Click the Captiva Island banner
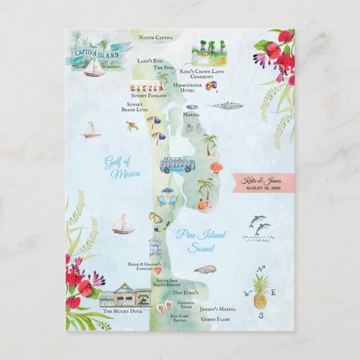click(x=96, y=54)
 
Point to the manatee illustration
click(x=205, y=269)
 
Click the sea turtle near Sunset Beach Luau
click(x=132, y=126)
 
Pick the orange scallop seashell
click(x=216, y=167)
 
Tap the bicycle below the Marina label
click(x=193, y=127)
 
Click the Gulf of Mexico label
click(x=121, y=168)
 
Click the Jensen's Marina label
click(x=219, y=309)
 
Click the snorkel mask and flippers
click(x=158, y=222)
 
